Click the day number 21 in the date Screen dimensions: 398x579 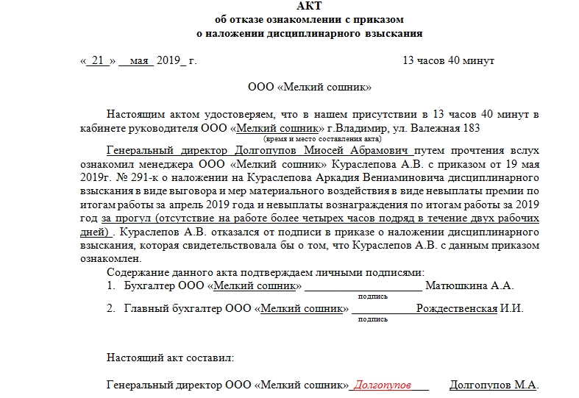click(x=98, y=60)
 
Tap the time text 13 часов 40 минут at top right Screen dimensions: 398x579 click(x=448, y=60)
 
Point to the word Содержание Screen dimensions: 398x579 click(x=134, y=273)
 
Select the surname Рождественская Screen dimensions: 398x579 click(x=456, y=308)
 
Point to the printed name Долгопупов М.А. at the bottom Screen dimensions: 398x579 click(x=494, y=385)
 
